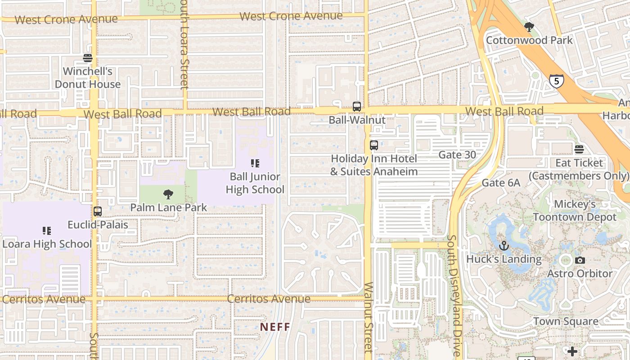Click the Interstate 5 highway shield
(x=557, y=81)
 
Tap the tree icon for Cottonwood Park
(x=529, y=27)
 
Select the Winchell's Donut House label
(x=88, y=77)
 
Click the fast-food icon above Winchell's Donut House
(x=88, y=58)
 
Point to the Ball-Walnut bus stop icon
(x=357, y=107)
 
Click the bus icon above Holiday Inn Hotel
(x=374, y=145)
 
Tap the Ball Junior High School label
(x=255, y=183)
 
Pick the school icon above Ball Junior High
(x=255, y=163)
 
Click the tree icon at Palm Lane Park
(x=168, y=194)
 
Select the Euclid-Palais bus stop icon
(x=98, y=211)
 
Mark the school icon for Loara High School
(x=47, y=231)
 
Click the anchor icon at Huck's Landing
(x=504, y=246)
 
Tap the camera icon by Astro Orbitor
(x=580, y=260)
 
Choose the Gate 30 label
(x=457, y=155)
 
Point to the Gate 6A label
(x=501, y=183)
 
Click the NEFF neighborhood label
(x=275, y=327)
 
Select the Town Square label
(x=566, y=321)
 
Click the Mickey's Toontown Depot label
(x=575, y=211)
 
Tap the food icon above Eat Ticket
(x=579, y=149)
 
